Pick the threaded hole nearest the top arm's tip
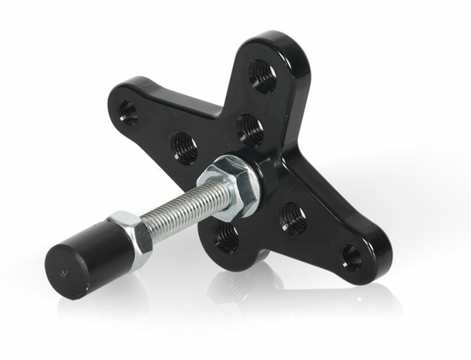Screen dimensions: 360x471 pyautogui.click(x=261, y=76)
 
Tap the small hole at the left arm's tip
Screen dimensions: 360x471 pyautogui.click(x=128, y=112)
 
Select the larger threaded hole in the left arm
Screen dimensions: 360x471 pyautogui.click(x=184, y=148)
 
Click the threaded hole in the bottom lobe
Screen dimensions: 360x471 pyautogui.click(x=227, y=237)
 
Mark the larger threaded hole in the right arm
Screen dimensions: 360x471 pyautogui.click(x=292, y=217)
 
